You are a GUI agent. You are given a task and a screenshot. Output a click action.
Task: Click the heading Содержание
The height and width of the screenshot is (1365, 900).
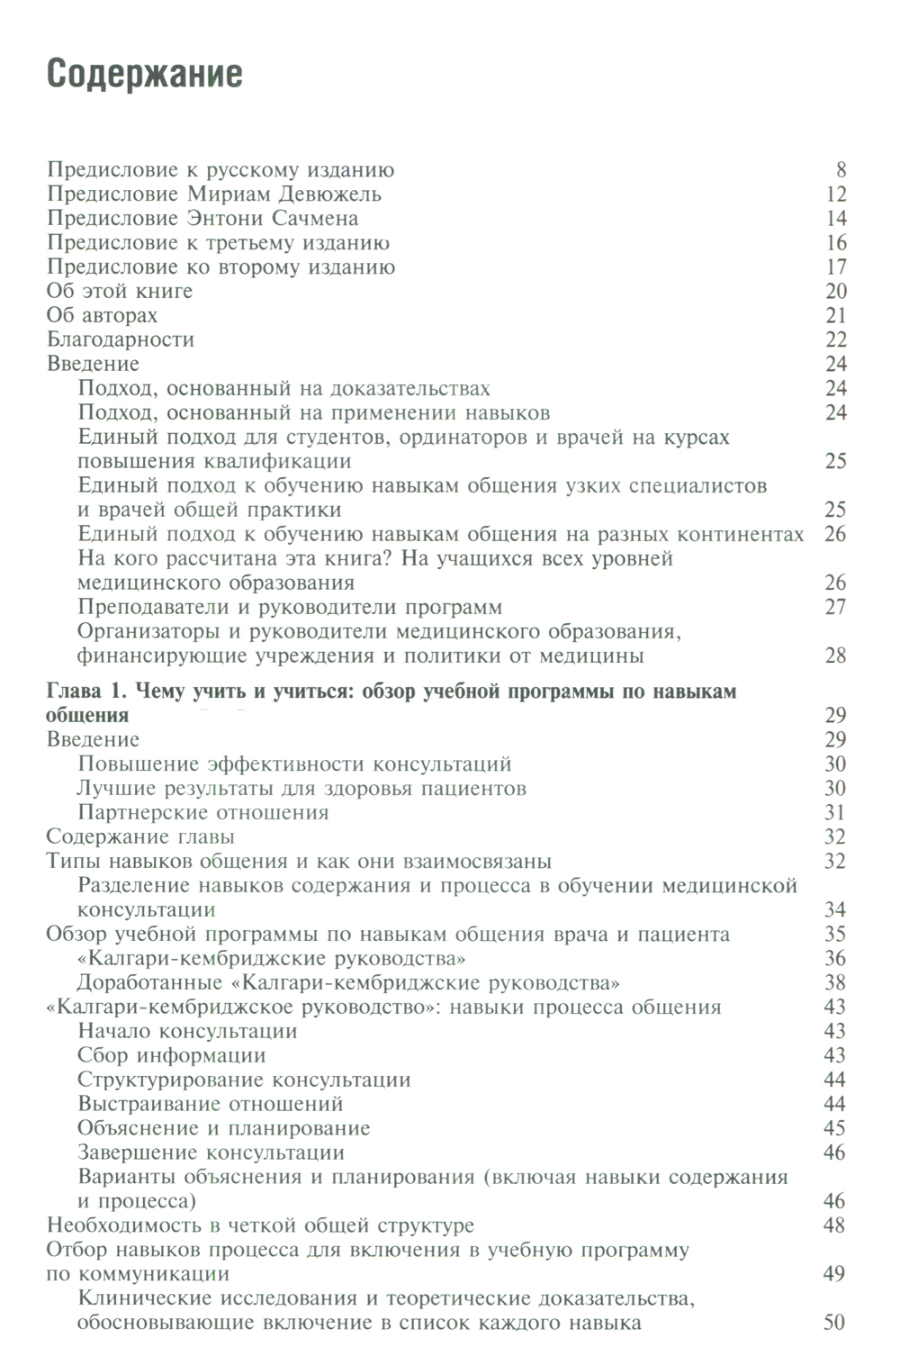point(145,74)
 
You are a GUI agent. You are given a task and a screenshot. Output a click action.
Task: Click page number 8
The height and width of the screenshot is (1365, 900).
point(841,170)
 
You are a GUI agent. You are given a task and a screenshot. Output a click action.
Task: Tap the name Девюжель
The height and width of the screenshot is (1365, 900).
point(334,194)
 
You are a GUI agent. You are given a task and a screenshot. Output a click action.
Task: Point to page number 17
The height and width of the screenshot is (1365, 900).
point(835,267)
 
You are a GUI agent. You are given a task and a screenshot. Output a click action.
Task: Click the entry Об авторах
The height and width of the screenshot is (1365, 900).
point(102,316)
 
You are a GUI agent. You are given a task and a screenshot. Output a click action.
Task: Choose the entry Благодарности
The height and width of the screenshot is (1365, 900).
point(120,340)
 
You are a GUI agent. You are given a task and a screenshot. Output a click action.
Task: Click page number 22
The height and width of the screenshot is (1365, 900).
point(835,340)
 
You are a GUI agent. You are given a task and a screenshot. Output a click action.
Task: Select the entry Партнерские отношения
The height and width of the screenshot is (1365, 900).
point(203,813)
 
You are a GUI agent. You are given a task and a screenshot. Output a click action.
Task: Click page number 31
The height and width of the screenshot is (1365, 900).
point(835,813)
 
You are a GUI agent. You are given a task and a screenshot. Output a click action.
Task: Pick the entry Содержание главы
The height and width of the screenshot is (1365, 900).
point(140,837)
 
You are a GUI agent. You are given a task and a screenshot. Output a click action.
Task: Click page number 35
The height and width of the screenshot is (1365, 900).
point(835,935)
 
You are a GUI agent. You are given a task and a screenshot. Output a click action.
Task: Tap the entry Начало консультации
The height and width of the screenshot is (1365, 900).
point(187,1032)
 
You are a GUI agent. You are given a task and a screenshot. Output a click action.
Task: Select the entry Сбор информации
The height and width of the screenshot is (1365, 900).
point(172,1056)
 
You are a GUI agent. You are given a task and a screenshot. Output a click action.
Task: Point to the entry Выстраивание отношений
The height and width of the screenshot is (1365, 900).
point(211,1105)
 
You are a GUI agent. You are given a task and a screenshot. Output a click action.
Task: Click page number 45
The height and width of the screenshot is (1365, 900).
point(835,1129)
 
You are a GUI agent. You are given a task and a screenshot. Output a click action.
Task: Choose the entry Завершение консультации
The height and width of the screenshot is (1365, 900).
point(211,1153)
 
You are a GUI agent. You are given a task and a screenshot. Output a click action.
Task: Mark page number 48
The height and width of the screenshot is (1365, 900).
point(835,1226)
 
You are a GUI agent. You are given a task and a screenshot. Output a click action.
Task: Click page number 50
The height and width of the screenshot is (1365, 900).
point(835,1324)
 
